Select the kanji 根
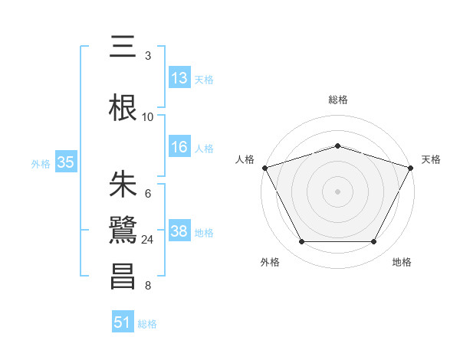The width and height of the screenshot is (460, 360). point(123,109)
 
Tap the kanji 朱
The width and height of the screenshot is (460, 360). point(123,185)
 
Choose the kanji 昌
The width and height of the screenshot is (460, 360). point(123,277)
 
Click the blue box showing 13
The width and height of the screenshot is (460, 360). point(179,78)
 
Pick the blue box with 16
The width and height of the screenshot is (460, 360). point(179,147)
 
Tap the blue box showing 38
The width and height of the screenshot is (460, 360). point(179,231)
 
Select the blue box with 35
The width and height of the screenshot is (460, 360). point(66,162)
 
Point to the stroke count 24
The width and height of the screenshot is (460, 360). point(148,240)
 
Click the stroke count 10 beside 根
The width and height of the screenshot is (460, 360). point(148,117)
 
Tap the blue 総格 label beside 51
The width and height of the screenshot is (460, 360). point(147,324)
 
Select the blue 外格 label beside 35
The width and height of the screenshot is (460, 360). point(41,163)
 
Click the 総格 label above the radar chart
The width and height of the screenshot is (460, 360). point(338,100)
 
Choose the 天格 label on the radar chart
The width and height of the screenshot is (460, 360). point(432,159)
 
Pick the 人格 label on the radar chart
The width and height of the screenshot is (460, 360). point(245,159)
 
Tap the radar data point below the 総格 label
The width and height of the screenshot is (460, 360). point(338,146)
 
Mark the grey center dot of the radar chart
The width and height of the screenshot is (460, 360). point(338,191)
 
